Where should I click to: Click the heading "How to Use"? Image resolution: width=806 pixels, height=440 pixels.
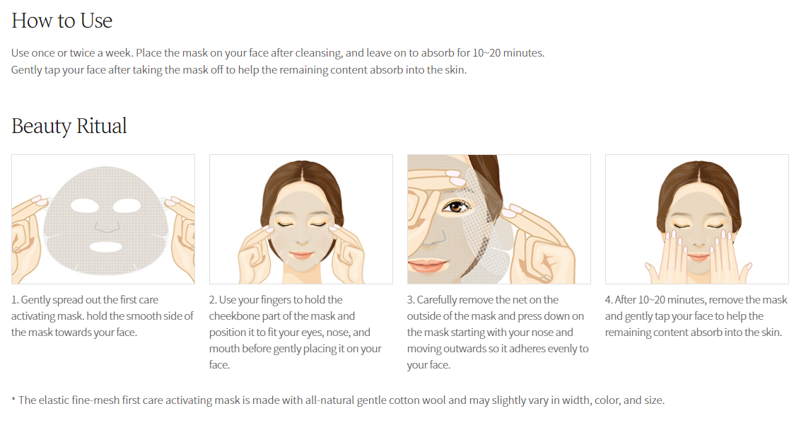62,21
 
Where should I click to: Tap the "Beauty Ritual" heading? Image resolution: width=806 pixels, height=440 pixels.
69,126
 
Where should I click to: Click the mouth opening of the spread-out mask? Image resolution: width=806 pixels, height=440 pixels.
106,247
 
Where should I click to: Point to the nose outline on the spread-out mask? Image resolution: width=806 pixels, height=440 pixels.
107,226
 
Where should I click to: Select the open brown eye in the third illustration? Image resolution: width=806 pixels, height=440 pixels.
455,207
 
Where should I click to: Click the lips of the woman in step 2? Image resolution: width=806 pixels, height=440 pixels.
301,254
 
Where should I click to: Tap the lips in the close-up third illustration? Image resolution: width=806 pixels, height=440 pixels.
426,265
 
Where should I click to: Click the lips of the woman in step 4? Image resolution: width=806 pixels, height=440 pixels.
698,256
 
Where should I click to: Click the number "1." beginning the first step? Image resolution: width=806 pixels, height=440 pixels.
15,300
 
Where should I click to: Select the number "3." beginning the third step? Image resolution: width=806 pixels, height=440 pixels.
411,300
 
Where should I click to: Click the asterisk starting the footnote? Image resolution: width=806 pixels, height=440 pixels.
13,400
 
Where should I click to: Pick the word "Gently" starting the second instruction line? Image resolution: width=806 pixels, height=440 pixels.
26,70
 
